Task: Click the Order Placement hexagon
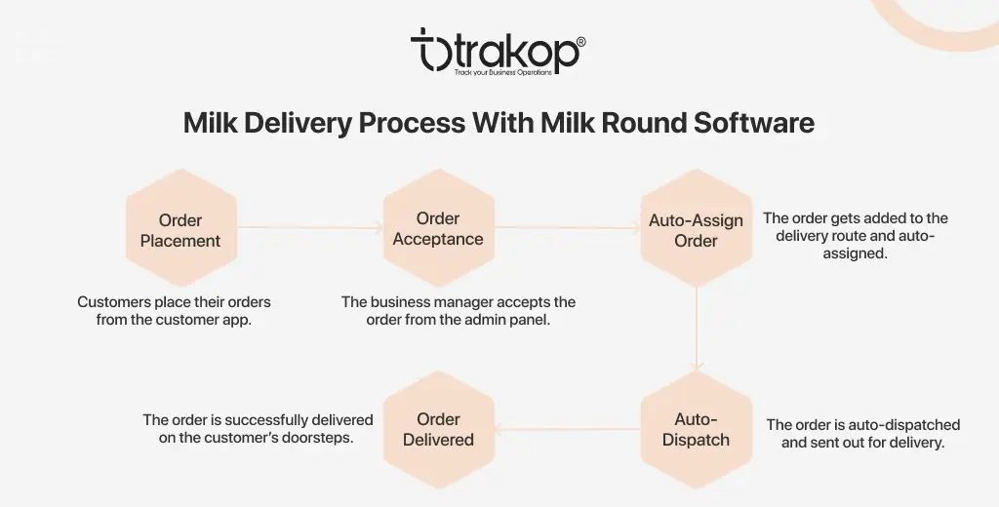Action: (181, 227)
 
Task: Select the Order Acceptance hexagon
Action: (439, 227)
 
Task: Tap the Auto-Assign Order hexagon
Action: (697, 227)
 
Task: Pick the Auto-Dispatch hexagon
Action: (697, 430)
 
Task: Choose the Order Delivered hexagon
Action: (439, 430)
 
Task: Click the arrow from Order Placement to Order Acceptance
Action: (310, 227)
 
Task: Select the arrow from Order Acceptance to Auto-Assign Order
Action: (568, 227)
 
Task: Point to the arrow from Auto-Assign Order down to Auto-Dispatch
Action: (697, 329)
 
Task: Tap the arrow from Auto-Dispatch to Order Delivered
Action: (568, 429)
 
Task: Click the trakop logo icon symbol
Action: (430, 49)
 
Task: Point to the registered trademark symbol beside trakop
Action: (580, 42)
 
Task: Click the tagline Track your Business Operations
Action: (503, 72)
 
